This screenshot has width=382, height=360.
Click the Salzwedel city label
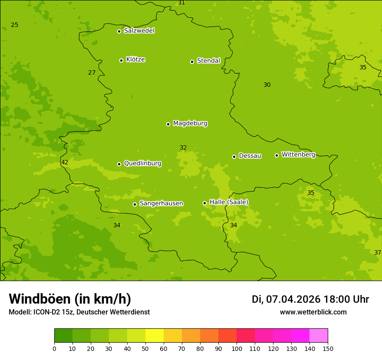click(139, 31)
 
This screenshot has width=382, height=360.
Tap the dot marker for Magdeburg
click(168, 124)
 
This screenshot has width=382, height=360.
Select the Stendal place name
click(208, 61)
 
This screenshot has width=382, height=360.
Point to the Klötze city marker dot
click(121, 60)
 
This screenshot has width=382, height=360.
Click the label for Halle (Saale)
click(229, 202)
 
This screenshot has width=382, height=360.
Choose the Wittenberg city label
click(298, 154)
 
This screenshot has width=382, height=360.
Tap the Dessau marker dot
click(234, 157)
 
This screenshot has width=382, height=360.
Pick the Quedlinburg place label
click(142, 164)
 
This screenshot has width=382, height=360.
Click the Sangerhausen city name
click(161, 203)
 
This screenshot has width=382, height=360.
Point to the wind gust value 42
click(65, 163)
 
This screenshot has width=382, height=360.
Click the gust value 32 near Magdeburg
click(183, 148)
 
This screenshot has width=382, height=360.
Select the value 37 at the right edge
click(377, 253)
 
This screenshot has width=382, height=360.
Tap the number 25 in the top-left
click(15, 25)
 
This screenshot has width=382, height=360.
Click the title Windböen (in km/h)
click(70, 299)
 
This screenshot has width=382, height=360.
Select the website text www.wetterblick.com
click(313, 312)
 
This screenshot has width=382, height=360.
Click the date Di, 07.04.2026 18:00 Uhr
click(310, 299)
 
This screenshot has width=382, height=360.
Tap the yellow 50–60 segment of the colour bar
click(155, 336)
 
